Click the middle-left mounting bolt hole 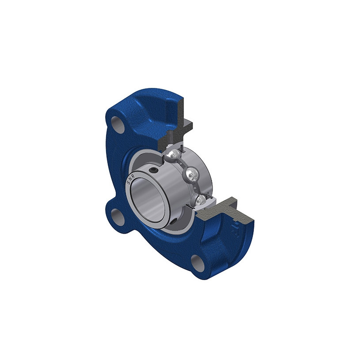[x=118, y=216]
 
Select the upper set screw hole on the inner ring [x=155, y=170]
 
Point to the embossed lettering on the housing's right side [x=234, y=230]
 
